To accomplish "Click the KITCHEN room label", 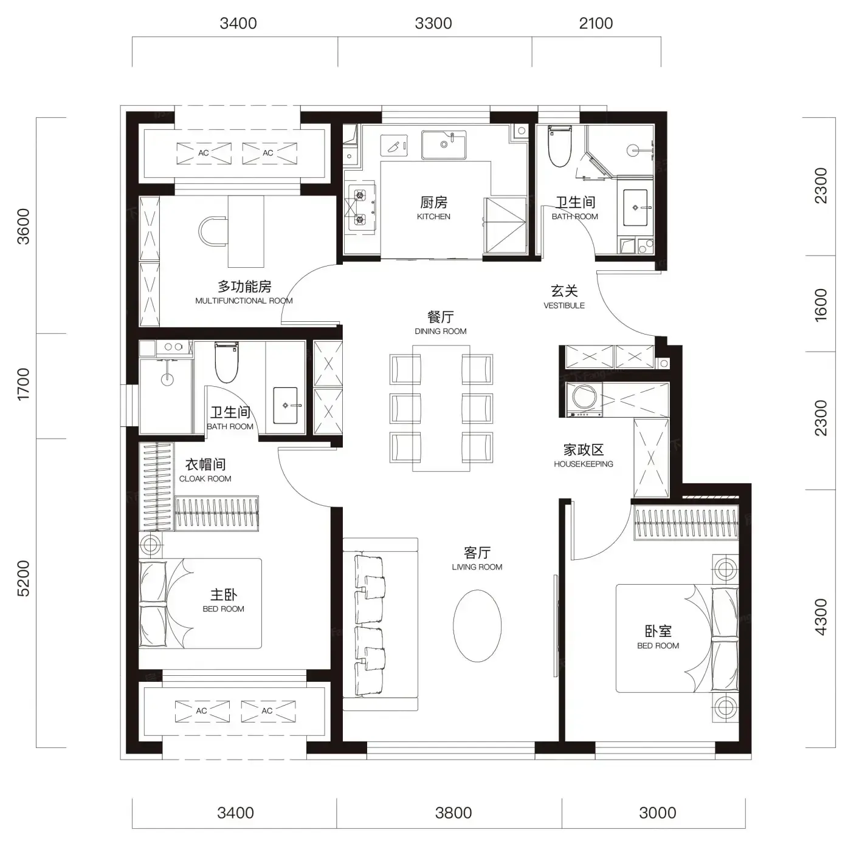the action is point(433,217).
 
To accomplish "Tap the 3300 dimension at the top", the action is point(433,24).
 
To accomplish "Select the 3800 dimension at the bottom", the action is point(453,812).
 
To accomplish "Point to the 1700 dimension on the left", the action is point(23,384).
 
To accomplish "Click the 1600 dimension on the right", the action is point(820,305).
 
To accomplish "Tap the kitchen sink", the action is point(443,145).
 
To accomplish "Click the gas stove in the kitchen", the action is point(360,207).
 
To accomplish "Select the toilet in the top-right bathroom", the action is point(559,146).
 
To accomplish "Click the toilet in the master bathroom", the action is point(227,362).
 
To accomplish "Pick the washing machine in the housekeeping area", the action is point(584,400).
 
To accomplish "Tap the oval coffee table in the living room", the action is point(477,625).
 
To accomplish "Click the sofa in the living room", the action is point(381,624).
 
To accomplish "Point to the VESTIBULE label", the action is point(564,305).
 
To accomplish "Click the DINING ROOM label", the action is point(440,332).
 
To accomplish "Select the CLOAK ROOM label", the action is point(205,478).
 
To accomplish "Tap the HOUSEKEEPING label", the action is point(584,464).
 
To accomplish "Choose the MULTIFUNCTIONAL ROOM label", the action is point(244,301).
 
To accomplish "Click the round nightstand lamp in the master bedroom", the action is point(150,545).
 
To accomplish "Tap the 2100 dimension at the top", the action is point(596,24).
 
